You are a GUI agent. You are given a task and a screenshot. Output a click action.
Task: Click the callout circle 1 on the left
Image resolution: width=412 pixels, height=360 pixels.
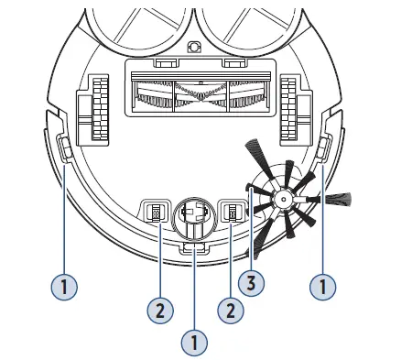click(x=63, y=287)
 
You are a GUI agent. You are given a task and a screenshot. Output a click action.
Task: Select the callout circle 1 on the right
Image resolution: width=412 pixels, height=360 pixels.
click(x=321, y=287)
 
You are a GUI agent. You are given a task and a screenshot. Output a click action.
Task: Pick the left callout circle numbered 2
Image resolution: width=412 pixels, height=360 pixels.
click(x=159, y=310)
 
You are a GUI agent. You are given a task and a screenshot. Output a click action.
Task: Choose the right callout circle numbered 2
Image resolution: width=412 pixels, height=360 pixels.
click(x=231, y=310)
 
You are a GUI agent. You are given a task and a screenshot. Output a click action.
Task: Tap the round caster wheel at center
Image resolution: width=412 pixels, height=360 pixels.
click(x=192, y=216)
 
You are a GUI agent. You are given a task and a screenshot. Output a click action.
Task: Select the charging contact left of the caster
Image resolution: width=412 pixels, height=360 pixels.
click(x=154, y=213)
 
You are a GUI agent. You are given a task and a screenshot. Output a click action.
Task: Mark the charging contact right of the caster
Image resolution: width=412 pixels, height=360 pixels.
click(x=233, y=213)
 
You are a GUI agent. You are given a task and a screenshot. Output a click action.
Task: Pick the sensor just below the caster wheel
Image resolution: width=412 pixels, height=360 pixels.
click(x=193, y=248)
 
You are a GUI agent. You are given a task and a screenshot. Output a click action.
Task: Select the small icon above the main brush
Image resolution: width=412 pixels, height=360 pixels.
click(x=193, y=47)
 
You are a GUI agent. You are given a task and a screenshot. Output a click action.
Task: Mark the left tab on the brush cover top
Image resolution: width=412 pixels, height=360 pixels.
click(x=166, y=63)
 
